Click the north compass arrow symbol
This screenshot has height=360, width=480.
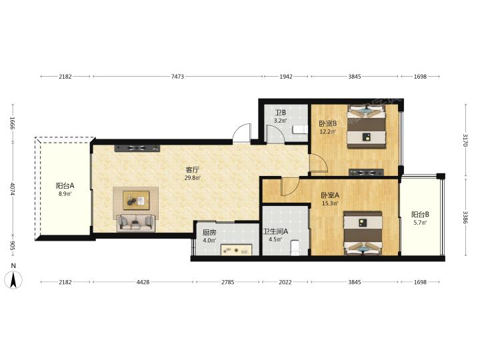[x=13, y=280]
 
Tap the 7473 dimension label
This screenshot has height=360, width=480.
[x=177, y=77]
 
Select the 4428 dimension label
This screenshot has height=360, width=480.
[x=143, y=282]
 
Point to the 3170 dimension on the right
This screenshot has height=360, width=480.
[x=465, y=140]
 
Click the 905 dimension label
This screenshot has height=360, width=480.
[x=13, y=245]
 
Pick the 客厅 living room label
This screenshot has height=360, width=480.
[x=193, y=170]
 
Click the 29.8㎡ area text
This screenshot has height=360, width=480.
[x=193, y=177]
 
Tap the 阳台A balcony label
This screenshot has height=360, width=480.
[x=65, y=185]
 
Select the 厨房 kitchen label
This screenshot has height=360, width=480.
[x=209, y=233]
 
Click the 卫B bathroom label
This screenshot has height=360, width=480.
[x=281, y=113]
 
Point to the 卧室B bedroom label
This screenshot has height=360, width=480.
[x=327, y=124]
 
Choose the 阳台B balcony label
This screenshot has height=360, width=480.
[x=420, y=215]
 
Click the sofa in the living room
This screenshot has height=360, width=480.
[x=136, y=223]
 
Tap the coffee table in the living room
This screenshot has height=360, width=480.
[x=136, y=201]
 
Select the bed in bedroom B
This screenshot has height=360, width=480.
[x=366, y=127]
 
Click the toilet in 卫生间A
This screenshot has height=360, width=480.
[x=295, y=247]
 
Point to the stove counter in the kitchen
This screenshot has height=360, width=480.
[x=236, y=249]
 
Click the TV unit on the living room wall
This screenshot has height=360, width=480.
[x=137, y=149]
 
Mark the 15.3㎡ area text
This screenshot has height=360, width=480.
[x=330, y=203]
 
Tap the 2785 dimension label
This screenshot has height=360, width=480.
[x=228, y=282]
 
